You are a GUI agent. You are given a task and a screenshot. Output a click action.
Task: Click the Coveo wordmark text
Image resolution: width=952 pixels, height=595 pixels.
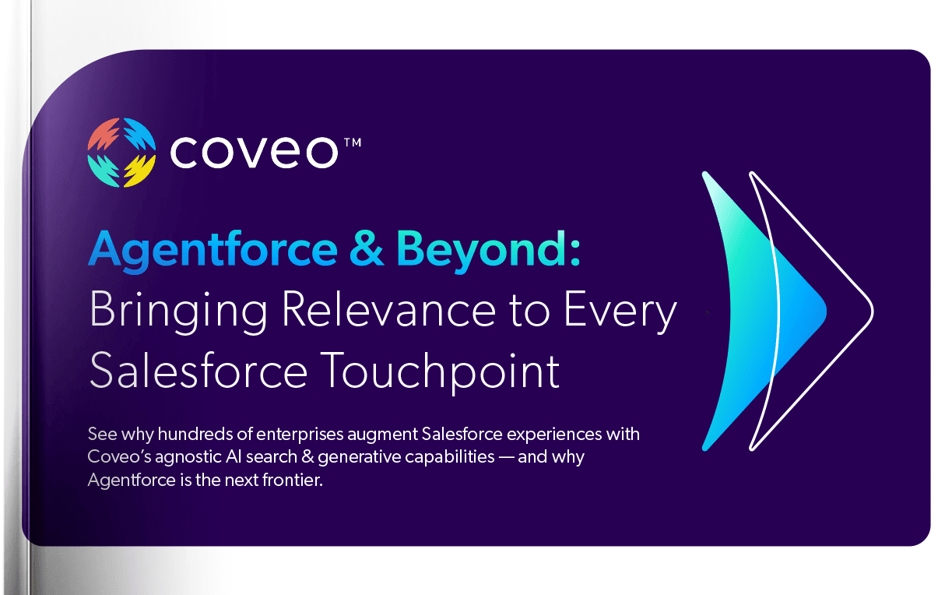(253, 153)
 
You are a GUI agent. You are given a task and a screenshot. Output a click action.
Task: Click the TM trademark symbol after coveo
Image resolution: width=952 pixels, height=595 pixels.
(351, 142)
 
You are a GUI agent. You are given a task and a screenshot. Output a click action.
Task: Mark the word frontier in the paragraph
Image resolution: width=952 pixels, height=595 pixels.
(293, 481)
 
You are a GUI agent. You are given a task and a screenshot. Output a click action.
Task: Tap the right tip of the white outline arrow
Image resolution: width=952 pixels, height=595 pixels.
(872, 312)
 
